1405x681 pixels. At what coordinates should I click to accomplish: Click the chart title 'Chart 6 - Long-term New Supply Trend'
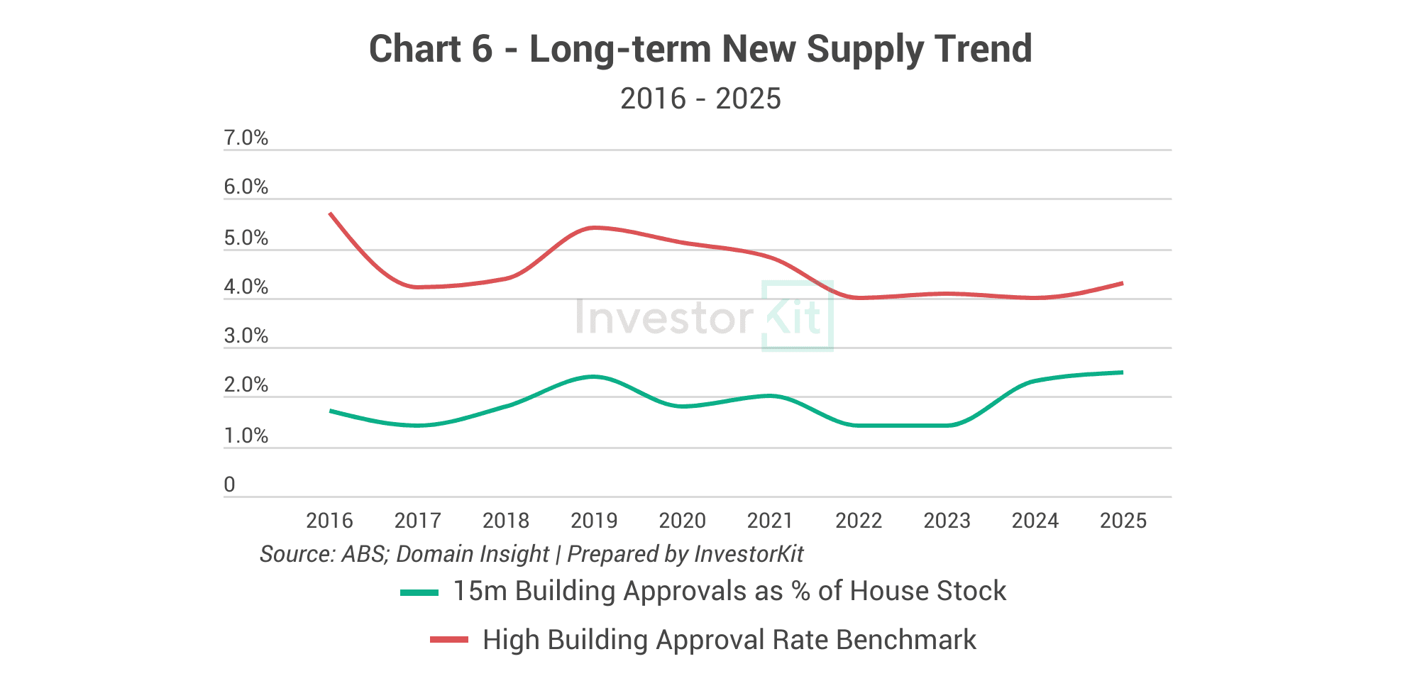[700, 50]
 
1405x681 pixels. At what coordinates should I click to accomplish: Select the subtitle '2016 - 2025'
[700, 99]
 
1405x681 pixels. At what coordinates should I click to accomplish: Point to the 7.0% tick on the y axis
[246, 138]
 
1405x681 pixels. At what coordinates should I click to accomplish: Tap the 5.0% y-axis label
[246, 238]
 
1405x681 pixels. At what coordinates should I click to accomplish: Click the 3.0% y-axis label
[246, 336]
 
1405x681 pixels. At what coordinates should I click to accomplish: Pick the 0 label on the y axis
[229, 485]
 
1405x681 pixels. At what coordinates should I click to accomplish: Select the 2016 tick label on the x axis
[329, 521]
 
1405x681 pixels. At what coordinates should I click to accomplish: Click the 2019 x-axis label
[594, 521]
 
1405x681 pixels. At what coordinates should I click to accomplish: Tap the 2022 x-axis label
[859, 521]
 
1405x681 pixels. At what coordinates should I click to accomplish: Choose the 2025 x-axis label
[1123, 521]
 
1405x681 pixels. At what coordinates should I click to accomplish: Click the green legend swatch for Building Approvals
[419, 592]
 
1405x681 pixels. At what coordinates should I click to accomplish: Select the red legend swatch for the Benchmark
[449, 640]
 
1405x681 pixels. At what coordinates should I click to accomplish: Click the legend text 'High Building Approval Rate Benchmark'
[729, 640]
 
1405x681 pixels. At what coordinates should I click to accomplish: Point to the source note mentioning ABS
[531, 554]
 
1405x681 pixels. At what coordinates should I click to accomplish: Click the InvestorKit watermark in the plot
[704, 316]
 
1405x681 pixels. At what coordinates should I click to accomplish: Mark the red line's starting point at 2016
[331, 213]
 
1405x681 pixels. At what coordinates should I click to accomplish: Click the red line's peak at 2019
[595, 228]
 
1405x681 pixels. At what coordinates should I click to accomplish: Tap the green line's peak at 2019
[594, 377]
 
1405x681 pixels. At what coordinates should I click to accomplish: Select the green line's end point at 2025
[1123, 372]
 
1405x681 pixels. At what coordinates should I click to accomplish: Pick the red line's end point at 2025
[1123, 283]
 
